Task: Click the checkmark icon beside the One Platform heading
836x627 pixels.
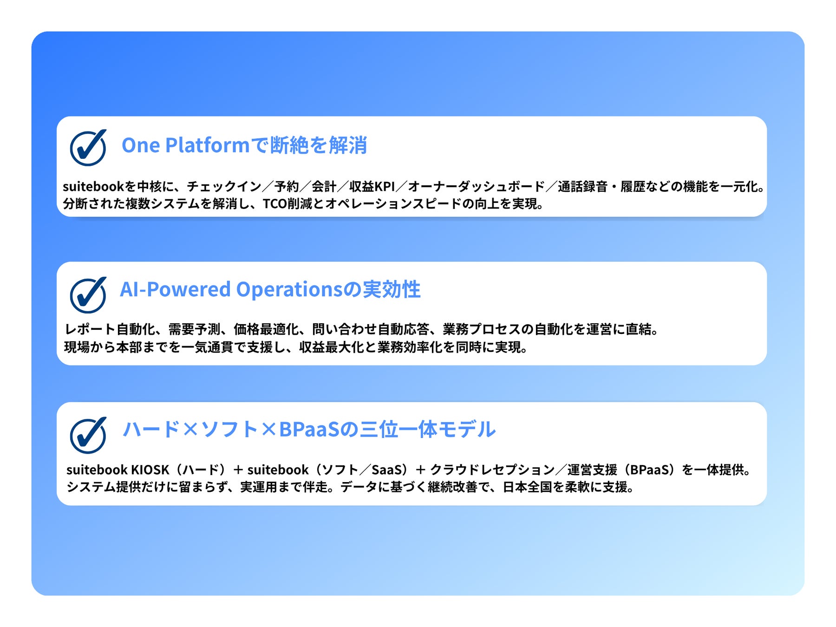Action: pyautogui.click(x=88, y=148)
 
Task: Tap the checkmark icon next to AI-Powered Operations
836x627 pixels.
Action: pyautogui.click(x=88, y=295)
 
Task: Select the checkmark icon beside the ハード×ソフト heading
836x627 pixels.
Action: pyautogui.click(x=88, y=435)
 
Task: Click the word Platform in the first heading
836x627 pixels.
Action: pyautogui.click(x=208, y=145)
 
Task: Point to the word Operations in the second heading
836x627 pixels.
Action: pyautogui.click(x=289, y=290)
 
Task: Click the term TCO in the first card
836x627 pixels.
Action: pyautogui.click(x=275, y=204)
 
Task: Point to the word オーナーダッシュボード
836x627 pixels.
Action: pyautogui.click(x=476, y=187)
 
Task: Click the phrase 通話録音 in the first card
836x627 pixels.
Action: pyautogui.click(x=582, y=187)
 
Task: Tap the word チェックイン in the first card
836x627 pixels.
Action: pyautogui.click(x=224, y=187)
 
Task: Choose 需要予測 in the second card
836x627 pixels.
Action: pyautogui.click(x=194, y=329)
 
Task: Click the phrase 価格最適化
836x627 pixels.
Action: pyautogui.click(x=266, y=329)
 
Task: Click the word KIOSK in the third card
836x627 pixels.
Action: pyautogui.click(x=150, y=470)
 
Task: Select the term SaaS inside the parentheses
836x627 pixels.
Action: pyautogui.click(x=386, y=470)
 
